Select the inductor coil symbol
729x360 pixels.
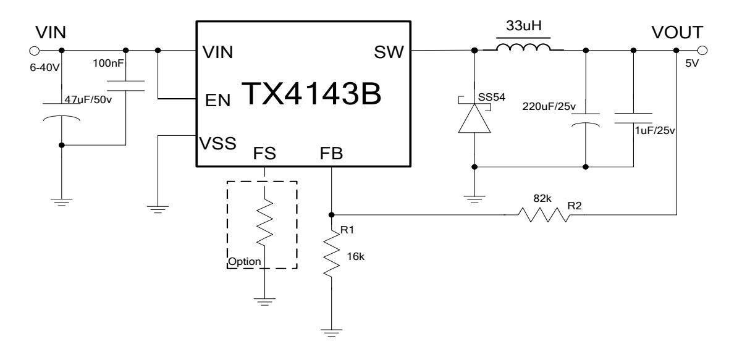pos(524,49)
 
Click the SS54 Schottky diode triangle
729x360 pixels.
pos(474,119)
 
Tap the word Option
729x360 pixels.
pos(245,261)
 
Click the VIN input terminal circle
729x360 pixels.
pos(35,51)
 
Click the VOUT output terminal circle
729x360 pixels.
pos(702,51)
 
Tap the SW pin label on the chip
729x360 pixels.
pos(389,53)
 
